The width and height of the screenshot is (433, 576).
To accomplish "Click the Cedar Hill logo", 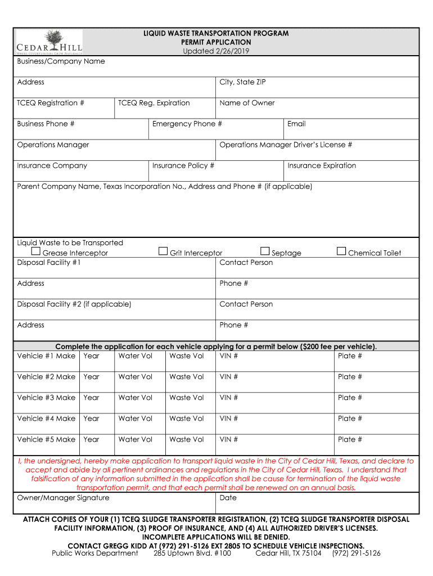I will [49, 42].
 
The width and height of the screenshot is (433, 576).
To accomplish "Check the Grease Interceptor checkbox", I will [36, 251].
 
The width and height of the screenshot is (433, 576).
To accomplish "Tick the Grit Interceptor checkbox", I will [163, 251].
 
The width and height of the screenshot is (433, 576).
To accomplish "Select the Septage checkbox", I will [265, 251].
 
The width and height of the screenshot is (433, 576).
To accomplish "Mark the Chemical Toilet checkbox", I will [341, 251].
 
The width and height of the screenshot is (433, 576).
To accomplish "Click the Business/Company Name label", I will [61, 61].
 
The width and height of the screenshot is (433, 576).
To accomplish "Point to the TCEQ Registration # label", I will [51, 103].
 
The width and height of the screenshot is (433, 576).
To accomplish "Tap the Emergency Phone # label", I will [187, 124].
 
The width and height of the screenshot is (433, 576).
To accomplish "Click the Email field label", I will [296, 124].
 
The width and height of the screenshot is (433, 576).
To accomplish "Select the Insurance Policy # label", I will [183, 165].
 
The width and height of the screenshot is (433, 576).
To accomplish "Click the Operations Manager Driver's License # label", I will [286, 145].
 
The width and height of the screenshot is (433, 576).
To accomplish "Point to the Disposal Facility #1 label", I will [49, 263].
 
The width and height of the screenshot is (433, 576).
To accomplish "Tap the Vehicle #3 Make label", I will [46, 398].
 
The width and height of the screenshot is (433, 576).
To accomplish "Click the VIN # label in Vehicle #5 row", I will [229, 439].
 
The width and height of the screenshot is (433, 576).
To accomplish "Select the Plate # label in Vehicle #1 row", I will [350, 356].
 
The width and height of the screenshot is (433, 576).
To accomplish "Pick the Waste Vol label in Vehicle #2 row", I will [186, 377].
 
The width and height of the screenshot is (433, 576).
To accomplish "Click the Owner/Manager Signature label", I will [63, 498].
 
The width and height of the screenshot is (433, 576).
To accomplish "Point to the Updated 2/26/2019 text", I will [216, 51].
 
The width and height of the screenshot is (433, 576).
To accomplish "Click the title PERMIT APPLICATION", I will [216, 42].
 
